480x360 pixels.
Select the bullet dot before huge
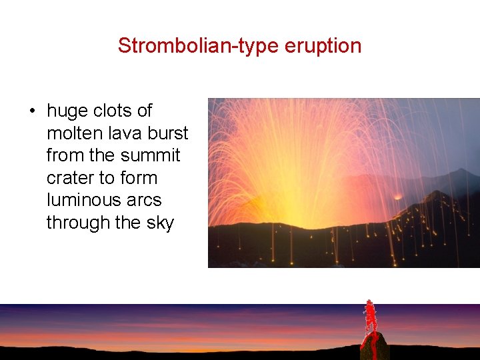[x=32, y=111]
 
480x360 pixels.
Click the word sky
[x=160, y=223]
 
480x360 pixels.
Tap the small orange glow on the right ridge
[x=399, y=196]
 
